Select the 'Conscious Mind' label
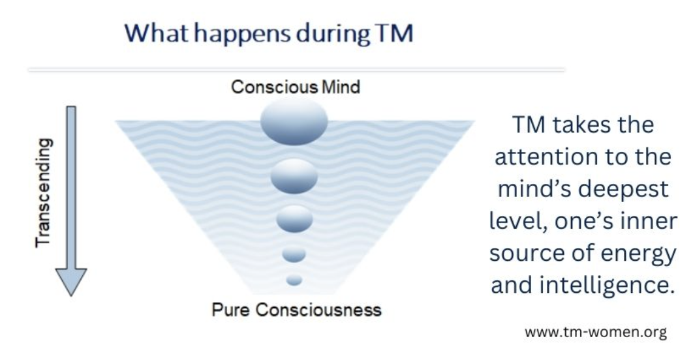pyautogui.click(x=296, y=87)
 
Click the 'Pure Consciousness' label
pyautogui.click(x=296, y=310)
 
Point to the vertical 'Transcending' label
pyautogui.click(x=44, y=192)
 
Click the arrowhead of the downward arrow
pyautogui.click(x=70, y=282)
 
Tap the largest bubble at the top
pyautogui.click(x=294, y=121)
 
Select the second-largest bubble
pyautogui.click(x=294, y=176)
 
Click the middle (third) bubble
pyautogui.click(x=294, y=219)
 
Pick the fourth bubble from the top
pyautogui.click(x=294, y=254)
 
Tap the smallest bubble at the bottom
pyautogui.click(x=294, y=280)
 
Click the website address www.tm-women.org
pyautogui.click(x=596, y=332)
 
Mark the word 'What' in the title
pyautogui.click(x=157, y=33)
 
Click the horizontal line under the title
pyautogui.click(x=296, y=69)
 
